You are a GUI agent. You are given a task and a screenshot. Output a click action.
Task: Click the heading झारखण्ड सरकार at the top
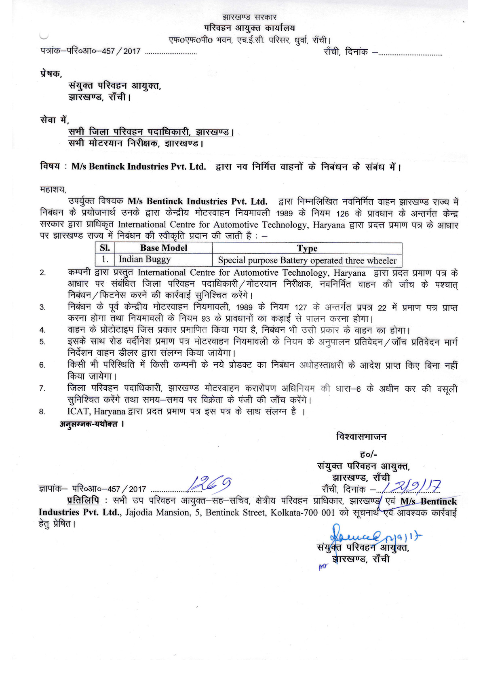tap(249, 17)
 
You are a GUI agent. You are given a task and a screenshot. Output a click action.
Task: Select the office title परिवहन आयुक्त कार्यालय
tap(249, 28)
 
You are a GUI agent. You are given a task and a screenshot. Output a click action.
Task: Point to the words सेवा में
tap(55, 120)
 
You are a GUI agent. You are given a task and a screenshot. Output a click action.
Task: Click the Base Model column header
tap(164, 248)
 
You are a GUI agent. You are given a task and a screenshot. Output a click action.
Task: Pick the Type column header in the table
tap(307, 248)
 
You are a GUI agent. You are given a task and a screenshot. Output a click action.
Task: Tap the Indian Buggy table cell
tap(145, 260)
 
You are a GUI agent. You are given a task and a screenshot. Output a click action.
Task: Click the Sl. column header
tap(105, 248)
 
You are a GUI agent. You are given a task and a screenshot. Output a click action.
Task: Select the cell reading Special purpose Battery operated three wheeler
tap(307, 260)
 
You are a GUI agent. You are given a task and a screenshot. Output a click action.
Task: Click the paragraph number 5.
tap(42, 342)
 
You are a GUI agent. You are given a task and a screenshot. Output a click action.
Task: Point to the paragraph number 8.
tap(42, 412)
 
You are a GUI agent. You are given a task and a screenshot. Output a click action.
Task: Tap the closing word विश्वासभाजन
tap(361, 437)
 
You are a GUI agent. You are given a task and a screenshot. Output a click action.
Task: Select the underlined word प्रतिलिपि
tap(83, 501)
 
